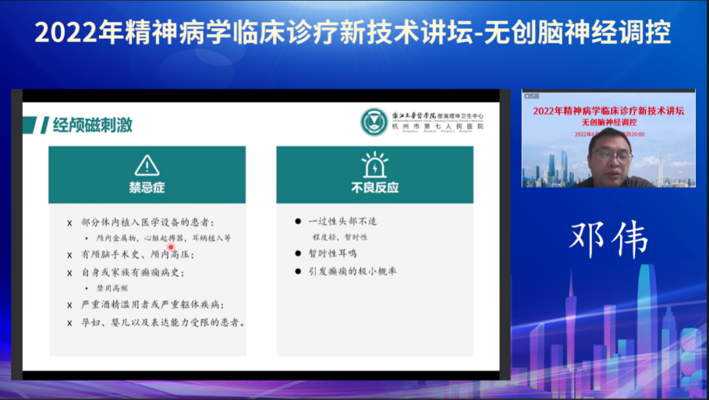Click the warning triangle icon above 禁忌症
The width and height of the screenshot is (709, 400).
coord(147,166)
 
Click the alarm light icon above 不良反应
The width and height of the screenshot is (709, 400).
coord(374,166)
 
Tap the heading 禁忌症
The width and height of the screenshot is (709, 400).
coord(147,188)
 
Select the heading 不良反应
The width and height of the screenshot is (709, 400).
coord(374,188)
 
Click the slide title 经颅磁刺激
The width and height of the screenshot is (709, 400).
coord(93,125)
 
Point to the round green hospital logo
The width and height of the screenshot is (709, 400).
coord(374,122)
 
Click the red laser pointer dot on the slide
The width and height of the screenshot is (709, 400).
coord(171,247)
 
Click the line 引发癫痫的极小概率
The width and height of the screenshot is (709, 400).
coord(353,271)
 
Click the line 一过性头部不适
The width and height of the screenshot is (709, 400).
coord(342,221)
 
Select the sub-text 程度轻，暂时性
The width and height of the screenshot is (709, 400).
coord(340,237)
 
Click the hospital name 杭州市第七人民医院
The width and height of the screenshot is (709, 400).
coord(438,126)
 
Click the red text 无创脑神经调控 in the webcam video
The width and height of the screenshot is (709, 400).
coord(608,122)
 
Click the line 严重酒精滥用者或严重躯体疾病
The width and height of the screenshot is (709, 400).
coord(152,305)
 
